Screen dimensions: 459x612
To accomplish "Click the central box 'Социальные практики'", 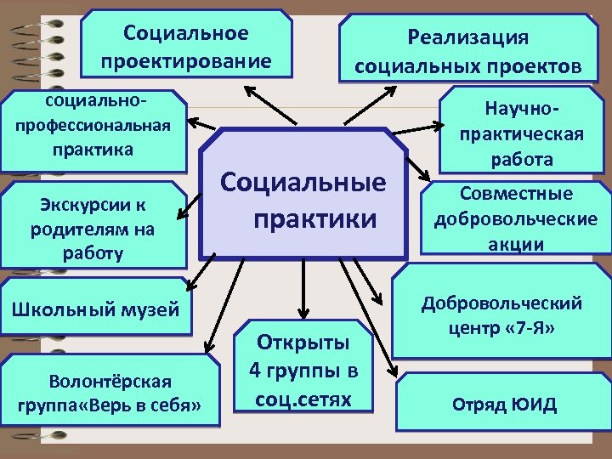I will [x=303, y=197].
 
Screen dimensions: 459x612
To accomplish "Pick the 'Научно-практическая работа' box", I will [x=520, y=133].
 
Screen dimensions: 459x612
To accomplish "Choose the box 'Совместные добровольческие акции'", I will [x=515, y=219].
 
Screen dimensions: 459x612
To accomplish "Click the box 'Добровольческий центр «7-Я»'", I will [x=501, y=314].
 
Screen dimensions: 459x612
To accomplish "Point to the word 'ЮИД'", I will [x=538, y=404].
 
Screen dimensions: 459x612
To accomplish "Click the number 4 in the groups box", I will [x=255, y=371].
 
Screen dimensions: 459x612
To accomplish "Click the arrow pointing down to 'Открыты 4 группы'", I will [x=300, y=289].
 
